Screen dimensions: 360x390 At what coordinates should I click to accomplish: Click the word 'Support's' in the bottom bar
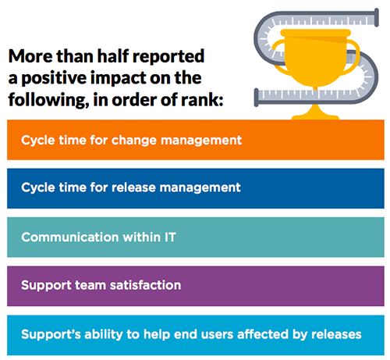(48, 333)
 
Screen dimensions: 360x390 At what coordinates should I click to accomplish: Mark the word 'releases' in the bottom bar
(336, 333)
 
